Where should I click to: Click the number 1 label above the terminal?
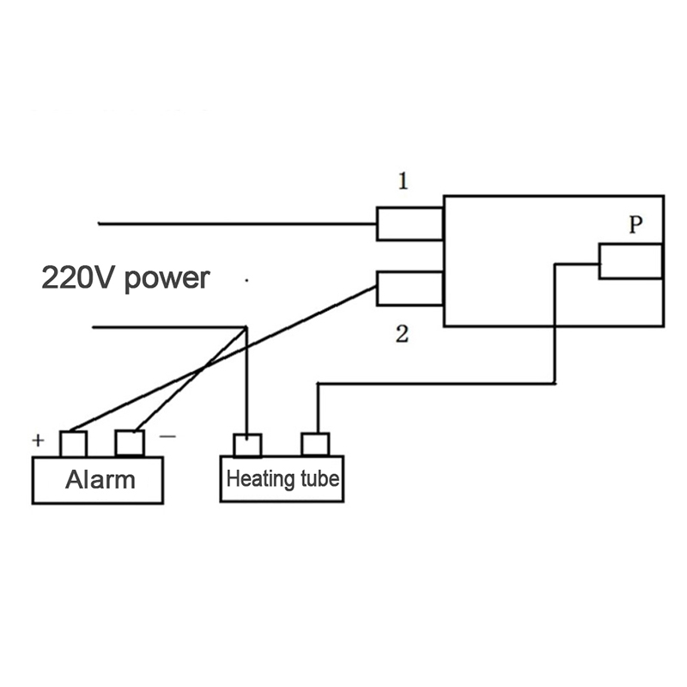(x=403, y=181)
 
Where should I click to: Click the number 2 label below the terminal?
(x=401, y=335)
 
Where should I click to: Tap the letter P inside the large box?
(x=635, y=225)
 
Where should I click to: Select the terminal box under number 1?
(x=410, y=223)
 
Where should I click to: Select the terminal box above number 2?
(x=410, y=288)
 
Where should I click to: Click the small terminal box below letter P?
(x=630, y=261)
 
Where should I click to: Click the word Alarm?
(x=100, y=478)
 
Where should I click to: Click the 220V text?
(x=78, y=278)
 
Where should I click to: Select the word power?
(x=167, y=279)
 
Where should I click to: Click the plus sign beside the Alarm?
(x=38, y=441)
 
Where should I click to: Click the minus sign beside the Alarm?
(x=168, y=435)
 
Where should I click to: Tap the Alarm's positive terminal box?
(x=73, y=444)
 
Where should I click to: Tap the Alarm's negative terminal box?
(x=130, y=444)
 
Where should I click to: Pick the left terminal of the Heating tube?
(x=247, y=445)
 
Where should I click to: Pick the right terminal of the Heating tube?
(x=315, y=445)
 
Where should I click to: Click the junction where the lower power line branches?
(x=246, y=327)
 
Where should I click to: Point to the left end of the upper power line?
(x=100, y=223)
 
